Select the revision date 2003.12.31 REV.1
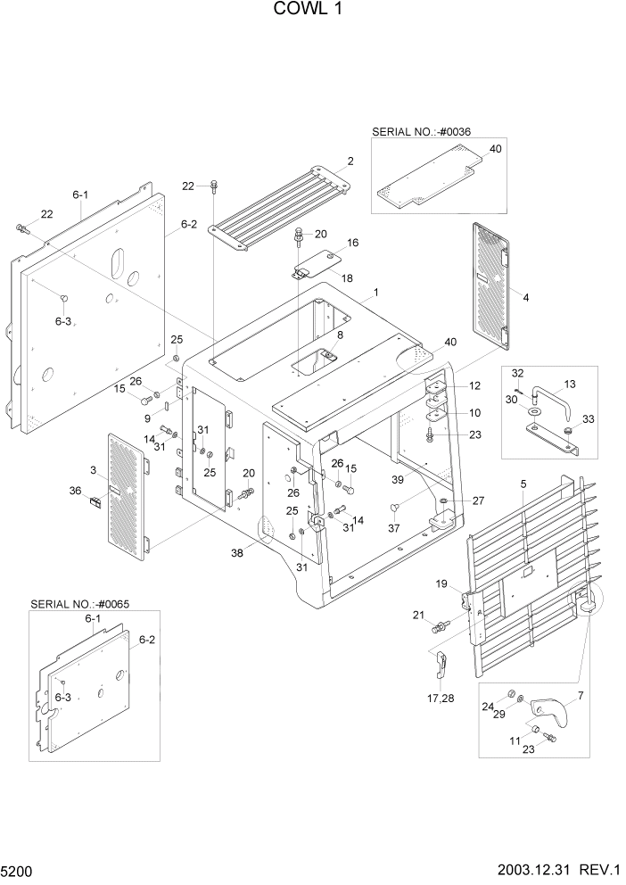[552, 868]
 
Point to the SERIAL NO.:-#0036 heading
[421, 131]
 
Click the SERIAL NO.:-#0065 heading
[79, 604]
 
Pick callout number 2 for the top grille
[350, 161]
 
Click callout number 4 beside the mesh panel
[525, 297]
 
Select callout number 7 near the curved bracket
[581, 694]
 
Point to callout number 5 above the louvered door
[523, 484]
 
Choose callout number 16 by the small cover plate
[352, 243]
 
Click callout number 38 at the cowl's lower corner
[237, 553]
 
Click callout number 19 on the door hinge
[441, 583]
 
